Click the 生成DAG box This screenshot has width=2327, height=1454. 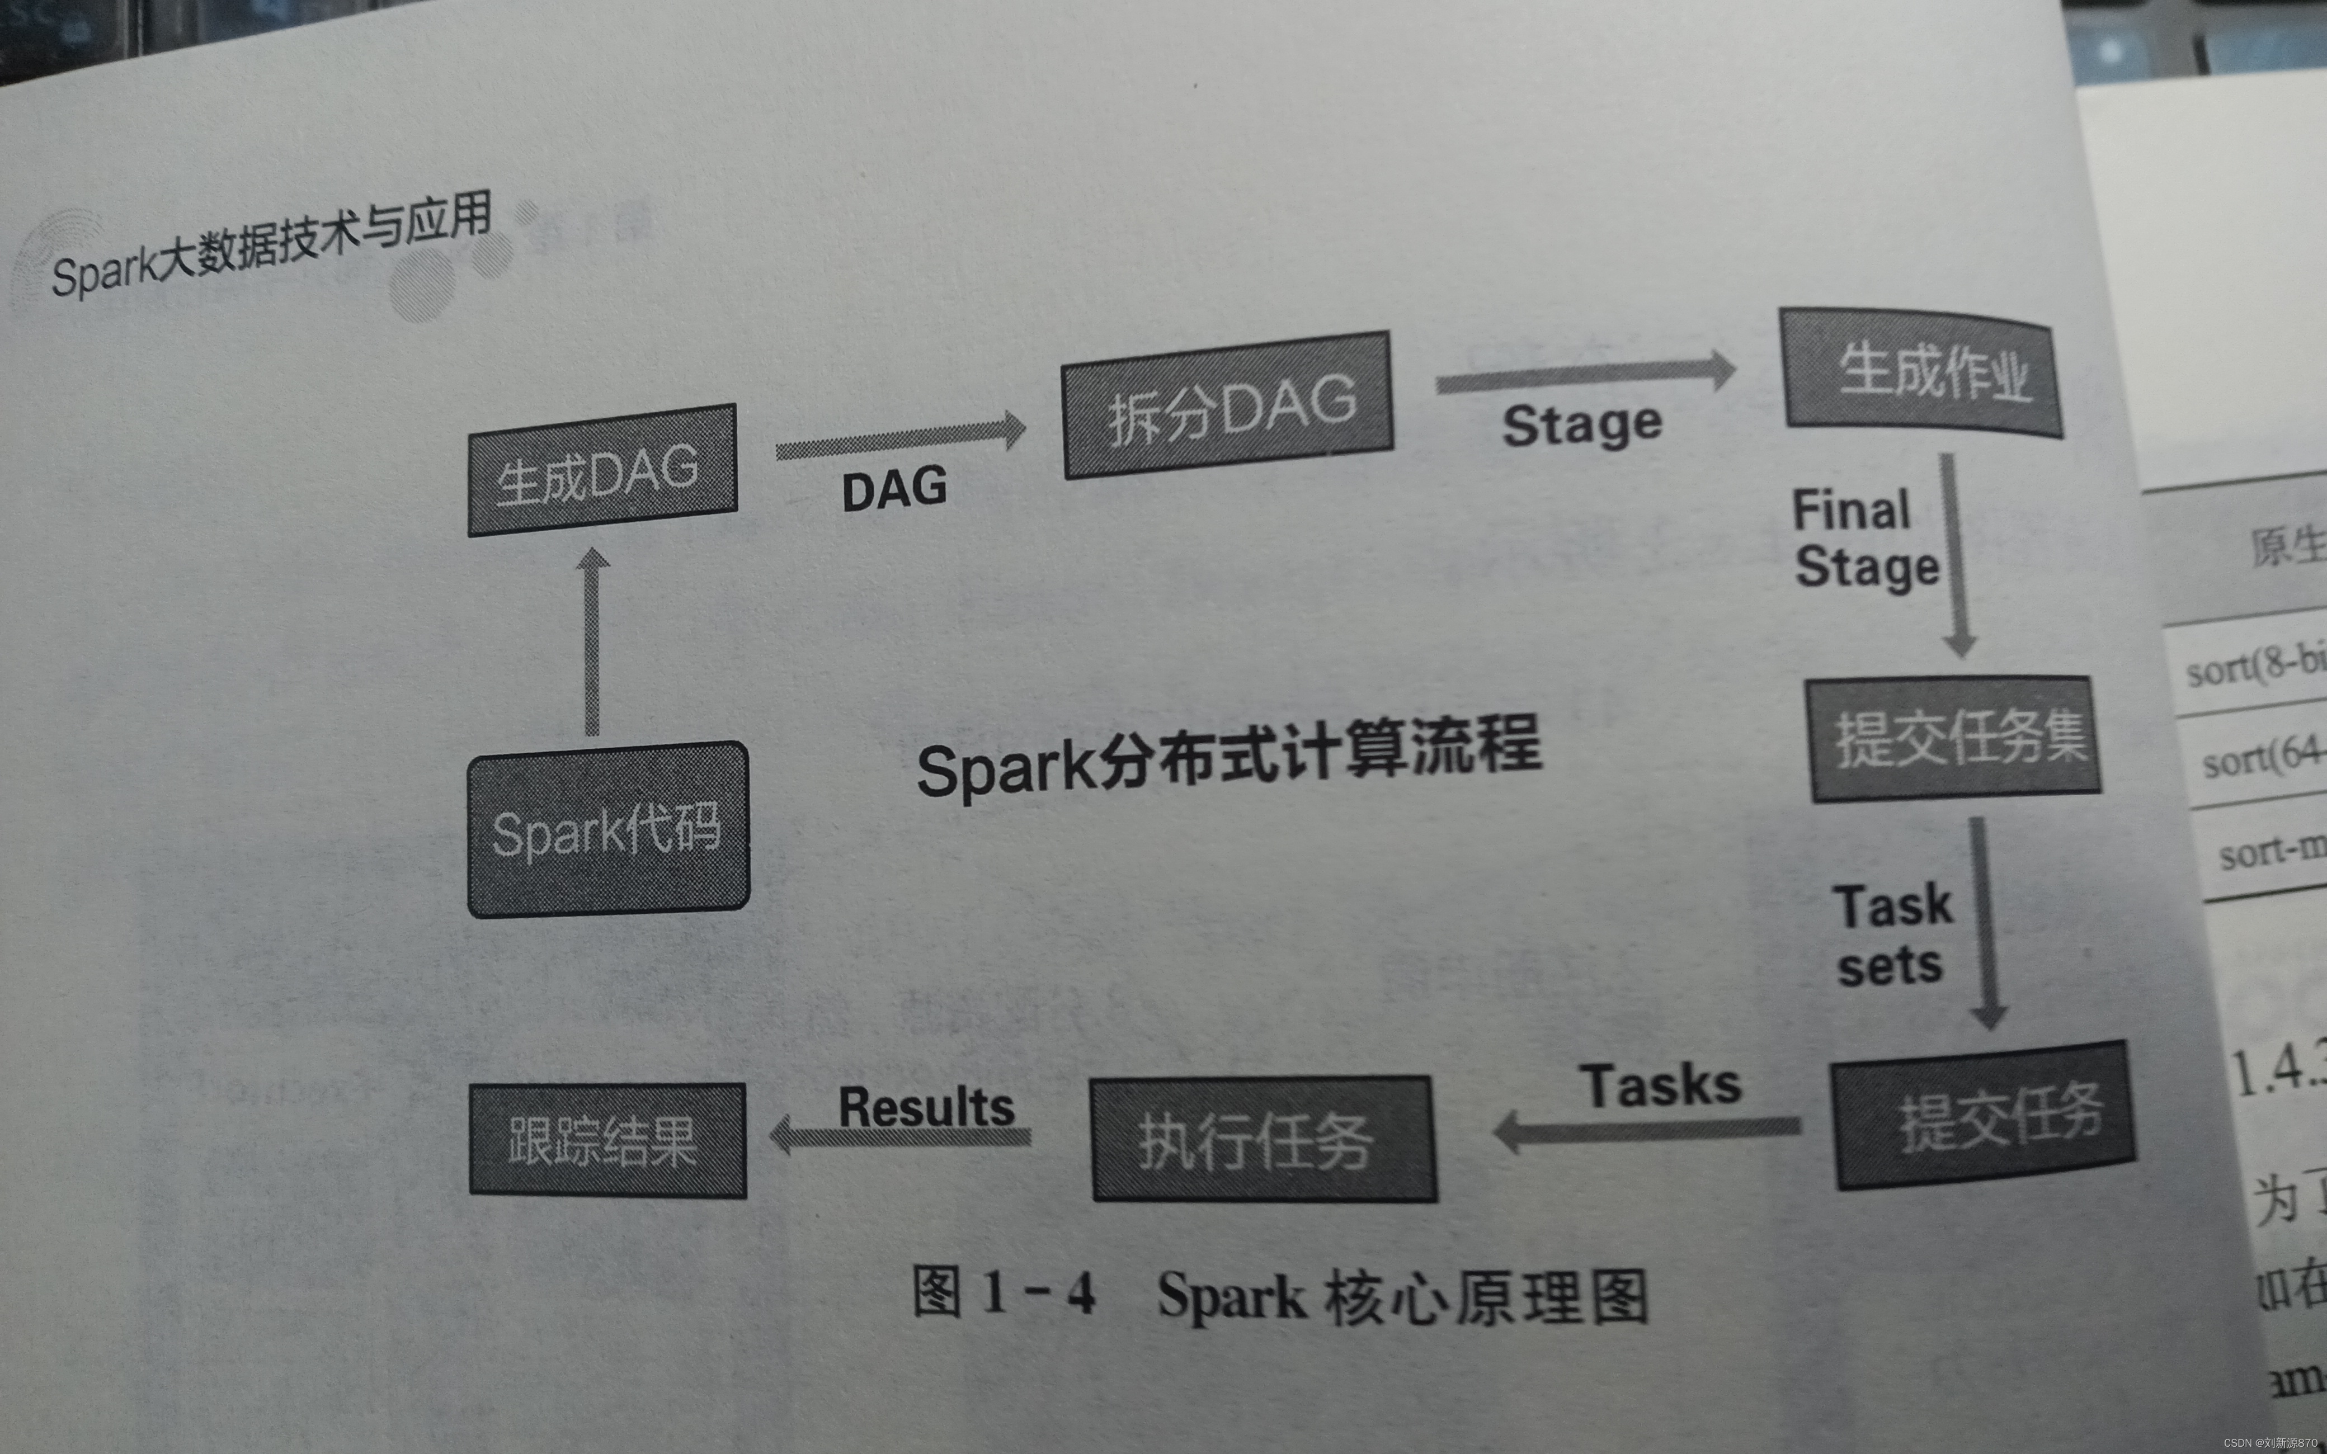pos(602,470)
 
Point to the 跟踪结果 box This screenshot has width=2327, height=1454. pos(607,1140)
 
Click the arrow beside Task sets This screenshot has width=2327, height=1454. pos(1983,923)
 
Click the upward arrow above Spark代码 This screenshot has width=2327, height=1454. pos(592,641)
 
